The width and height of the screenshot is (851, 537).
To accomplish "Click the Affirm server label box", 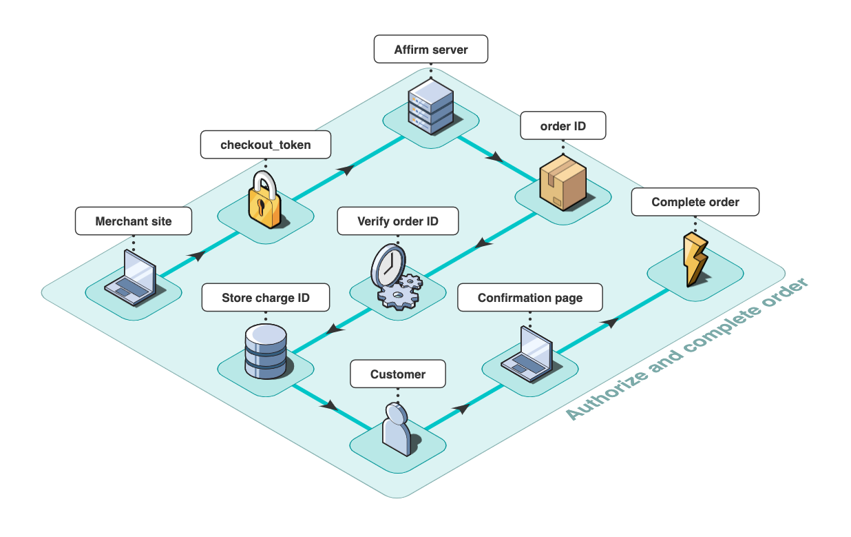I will (x=431, y=50).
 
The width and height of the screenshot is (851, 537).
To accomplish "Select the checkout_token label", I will (x=266, y=145).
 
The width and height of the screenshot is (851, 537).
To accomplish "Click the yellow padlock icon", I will (x=266, y=201).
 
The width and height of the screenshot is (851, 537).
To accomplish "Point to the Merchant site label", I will (x=134, y=221).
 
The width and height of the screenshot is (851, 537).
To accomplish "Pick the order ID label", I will (x=563, y=126).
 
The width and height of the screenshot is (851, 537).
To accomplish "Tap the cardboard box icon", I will (x=563, y=181).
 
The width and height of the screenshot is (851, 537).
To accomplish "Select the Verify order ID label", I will (x=398, y=221).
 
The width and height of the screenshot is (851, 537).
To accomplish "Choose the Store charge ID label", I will (x=266, y=298).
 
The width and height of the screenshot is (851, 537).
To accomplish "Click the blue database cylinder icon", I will (x=266, y=352).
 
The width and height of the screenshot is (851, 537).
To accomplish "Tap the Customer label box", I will (x=398, y=374).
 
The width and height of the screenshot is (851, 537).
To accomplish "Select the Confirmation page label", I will (x=530, y=298).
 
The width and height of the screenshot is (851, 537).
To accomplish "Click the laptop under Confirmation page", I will (x=529, y=353).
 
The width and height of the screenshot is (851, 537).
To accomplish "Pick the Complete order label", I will (x=695, y=202).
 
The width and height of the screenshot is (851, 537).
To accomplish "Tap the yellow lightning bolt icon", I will (x=695, y=259).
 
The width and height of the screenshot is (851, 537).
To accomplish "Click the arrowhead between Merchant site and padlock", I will (x=197, y=256).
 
